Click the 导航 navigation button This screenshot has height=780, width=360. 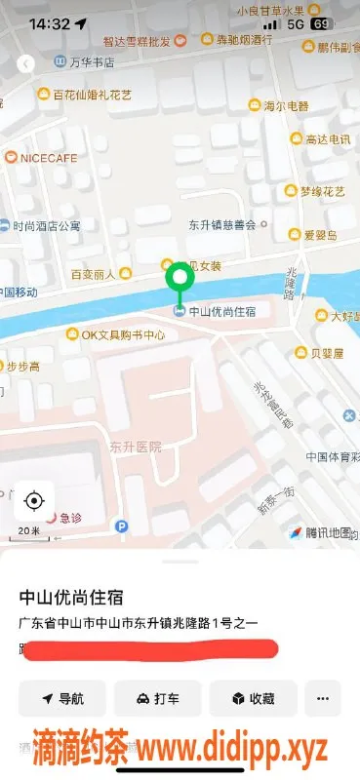click(x=62, y=698)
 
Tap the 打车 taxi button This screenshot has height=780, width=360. click(x=157, y=698)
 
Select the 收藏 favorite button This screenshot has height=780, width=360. click(x=252, y=698)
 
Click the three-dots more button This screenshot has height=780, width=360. click(x=322, y=698)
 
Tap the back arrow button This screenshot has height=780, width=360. click(x=27, y=63)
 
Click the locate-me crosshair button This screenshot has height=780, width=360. click(x=33, y=501)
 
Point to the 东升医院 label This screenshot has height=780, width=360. click(x=135, y=447)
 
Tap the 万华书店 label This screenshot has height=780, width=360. click(x=93, y=61)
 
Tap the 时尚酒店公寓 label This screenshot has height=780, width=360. click(x=46, y=225)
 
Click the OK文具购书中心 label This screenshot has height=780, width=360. click(x=122, y=334)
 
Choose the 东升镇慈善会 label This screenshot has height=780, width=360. click(x=221, y=223)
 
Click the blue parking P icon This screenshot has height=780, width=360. click(x=122, y=526)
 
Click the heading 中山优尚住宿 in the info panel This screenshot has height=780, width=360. click(x=78, y=596)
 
